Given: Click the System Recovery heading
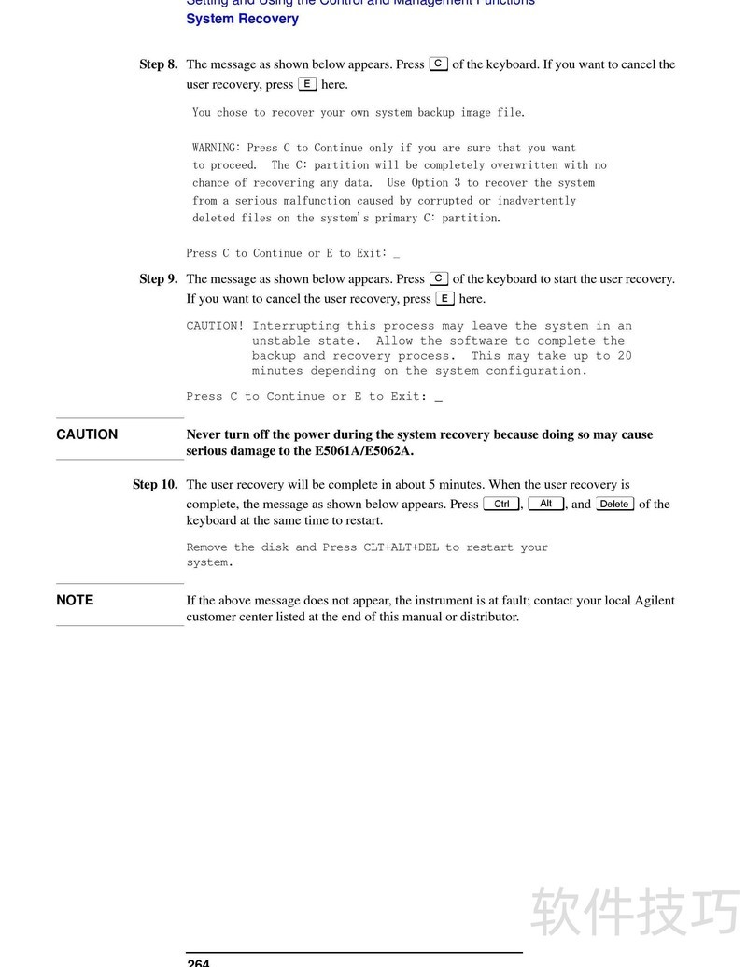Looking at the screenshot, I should click(242, 19).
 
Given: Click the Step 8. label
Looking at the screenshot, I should click(158, 64).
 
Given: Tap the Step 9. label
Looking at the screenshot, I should click(158, 278).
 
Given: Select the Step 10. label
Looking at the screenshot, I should click(154, 484).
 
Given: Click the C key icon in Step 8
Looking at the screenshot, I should click(438, 64).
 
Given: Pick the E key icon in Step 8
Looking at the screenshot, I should click(307, 84).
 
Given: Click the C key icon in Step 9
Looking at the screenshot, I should click(439, 278).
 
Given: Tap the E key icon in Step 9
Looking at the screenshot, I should click(445, 299).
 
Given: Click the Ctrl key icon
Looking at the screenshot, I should click(501, 504).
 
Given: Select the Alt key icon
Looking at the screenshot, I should click(546, 504).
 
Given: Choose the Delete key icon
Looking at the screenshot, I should click(614, 504).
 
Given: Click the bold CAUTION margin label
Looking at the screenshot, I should click(87, 434).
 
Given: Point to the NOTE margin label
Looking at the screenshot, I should click(75, 600).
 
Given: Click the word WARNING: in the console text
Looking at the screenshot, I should click(217, 148).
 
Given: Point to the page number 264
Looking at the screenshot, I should click(198, 962).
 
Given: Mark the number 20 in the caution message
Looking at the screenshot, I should click(624, 356).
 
